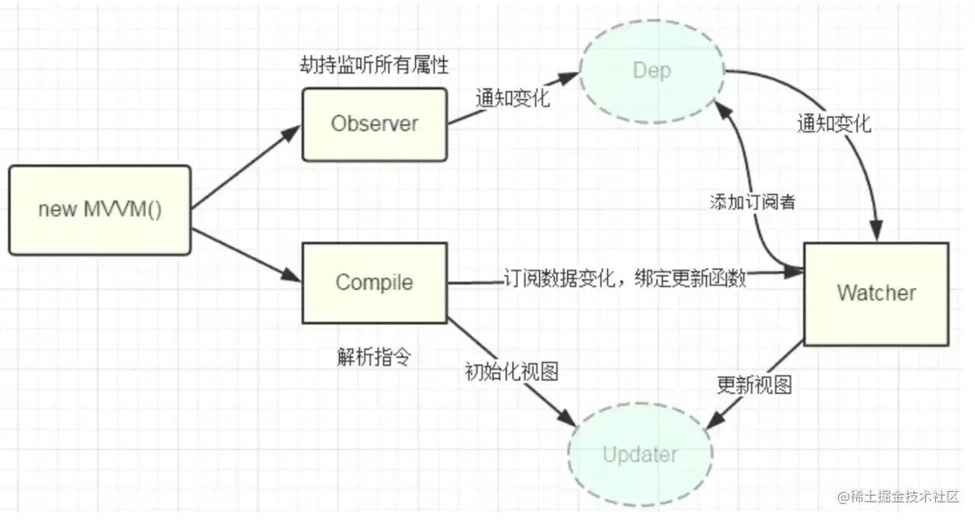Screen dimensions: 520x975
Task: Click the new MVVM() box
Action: (100, 209)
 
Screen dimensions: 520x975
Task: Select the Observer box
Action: (374, 124)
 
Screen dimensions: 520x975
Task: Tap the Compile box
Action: (374, 282)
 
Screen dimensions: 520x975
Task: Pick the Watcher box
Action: (876, 293)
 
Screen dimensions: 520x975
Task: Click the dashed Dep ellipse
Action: (652, 71)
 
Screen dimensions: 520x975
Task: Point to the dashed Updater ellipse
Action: (640, 455)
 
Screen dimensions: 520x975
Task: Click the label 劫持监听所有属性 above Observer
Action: (374, 66)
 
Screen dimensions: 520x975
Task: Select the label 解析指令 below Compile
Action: (373, 357)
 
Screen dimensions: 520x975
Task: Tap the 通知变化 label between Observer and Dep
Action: (512, 99)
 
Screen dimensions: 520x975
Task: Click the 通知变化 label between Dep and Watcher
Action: (833, 123)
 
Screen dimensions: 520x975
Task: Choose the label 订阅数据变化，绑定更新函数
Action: (624, 279)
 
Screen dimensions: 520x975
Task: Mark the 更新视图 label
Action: (754, 385)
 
